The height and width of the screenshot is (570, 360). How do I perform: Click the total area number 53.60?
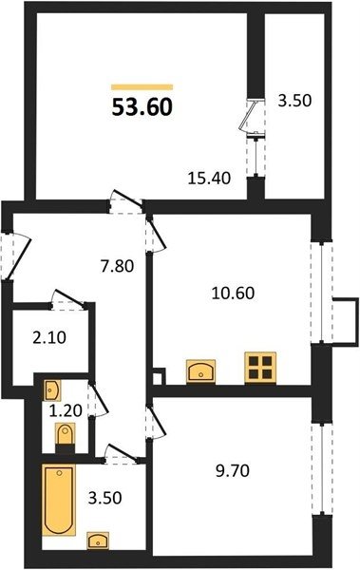coord(142,107)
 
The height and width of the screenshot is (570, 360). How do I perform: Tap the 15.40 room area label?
coord(209,179)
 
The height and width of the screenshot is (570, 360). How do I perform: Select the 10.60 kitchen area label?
coord(233,293)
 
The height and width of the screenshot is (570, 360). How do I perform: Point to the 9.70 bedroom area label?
coord(233,471)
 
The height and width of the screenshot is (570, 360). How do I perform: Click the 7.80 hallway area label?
coord(117,266)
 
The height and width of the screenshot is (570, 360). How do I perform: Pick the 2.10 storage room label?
coord(49,338)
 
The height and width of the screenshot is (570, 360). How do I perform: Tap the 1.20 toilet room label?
coord(66,411)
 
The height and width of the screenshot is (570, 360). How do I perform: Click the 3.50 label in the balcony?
coord(294,101)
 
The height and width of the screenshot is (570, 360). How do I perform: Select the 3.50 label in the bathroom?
coord(104,498)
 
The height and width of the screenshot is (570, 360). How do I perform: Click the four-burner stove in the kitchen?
coord(260,367)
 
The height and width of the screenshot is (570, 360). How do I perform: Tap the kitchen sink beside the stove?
coord(200,371)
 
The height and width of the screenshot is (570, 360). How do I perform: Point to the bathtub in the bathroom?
coord(59,500)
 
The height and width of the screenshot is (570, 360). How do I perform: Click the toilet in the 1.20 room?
coord(66,437)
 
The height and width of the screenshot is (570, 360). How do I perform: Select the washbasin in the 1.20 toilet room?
coord(52,390)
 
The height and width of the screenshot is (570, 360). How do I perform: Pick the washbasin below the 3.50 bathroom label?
coord(98,541)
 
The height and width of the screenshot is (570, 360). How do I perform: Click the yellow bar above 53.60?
coord(142,86)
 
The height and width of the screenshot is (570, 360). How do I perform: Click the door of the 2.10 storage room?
coord(68,300)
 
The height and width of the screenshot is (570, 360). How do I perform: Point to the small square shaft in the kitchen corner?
coord(159,376)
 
